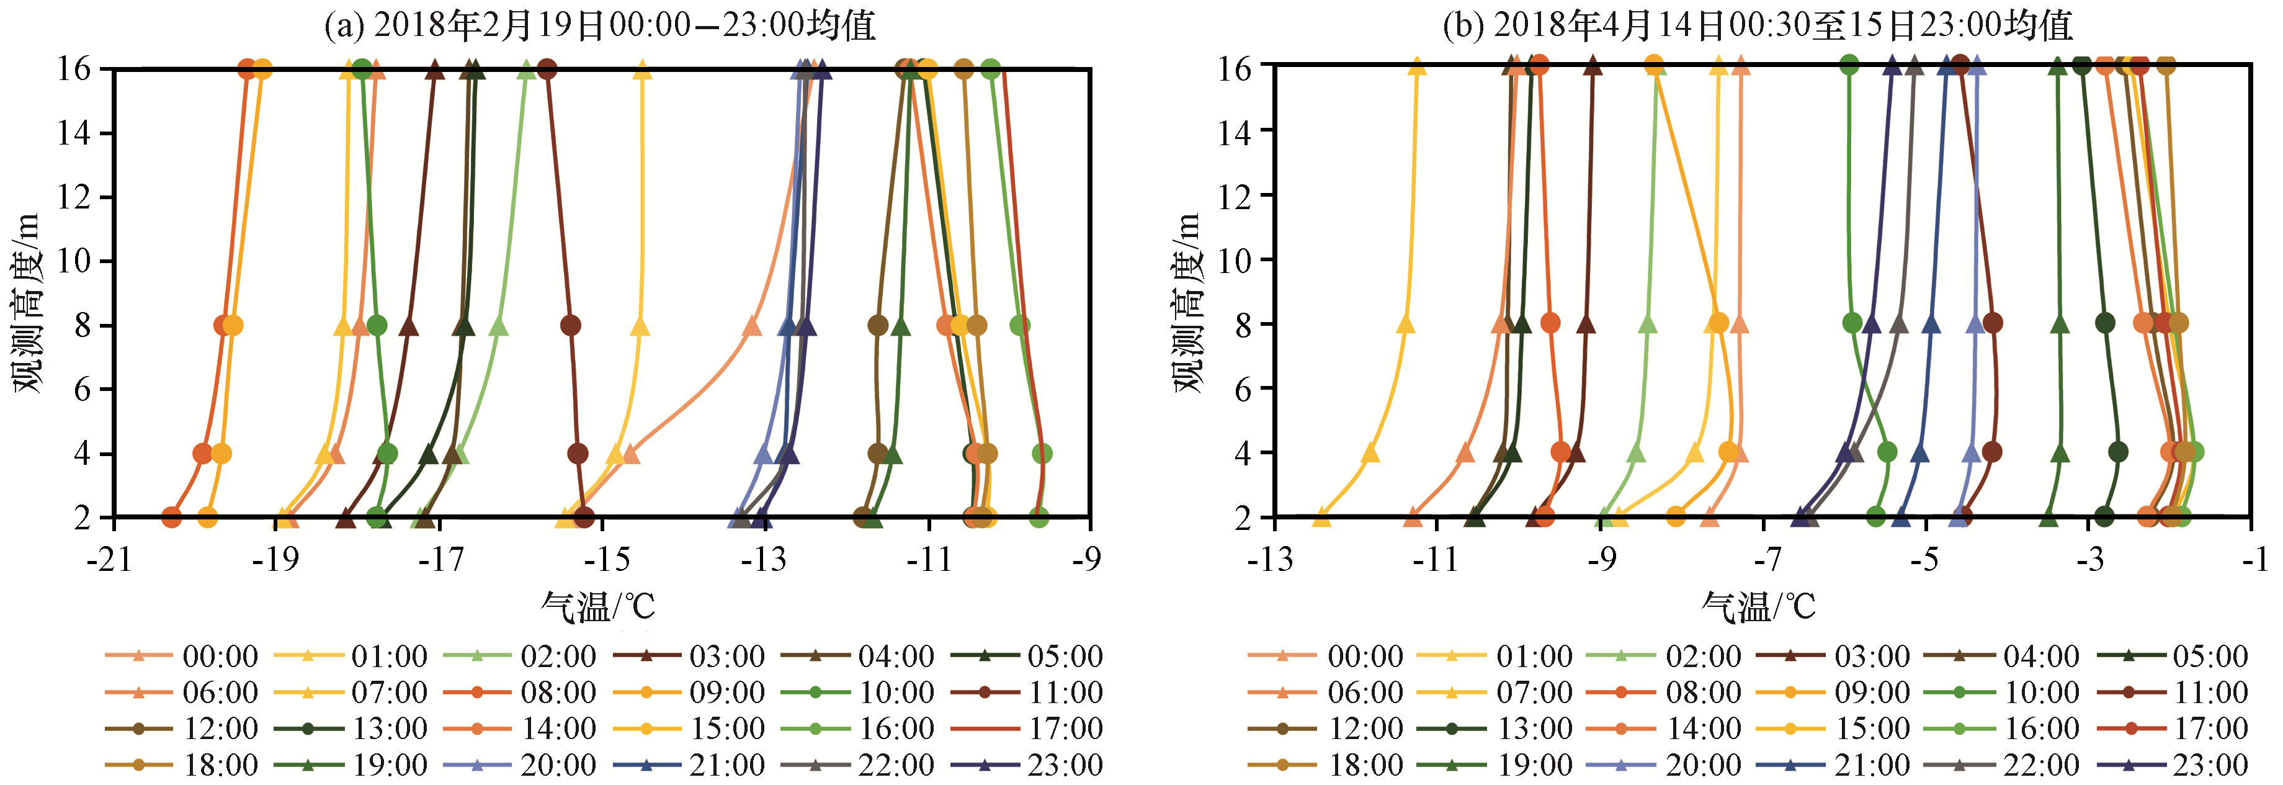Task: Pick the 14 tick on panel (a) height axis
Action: [74, 133]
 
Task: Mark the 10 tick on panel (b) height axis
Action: [1235, 259]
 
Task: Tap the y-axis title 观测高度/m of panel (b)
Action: [1187, 301]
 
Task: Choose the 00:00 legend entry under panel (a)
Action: [182, 657]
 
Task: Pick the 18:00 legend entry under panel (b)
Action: [1326, 765]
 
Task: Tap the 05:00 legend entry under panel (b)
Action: [2173, 657]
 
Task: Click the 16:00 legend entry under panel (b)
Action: [2004, 729]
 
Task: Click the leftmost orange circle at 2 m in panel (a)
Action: [172, 516]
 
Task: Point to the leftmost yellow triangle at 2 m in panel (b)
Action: [1321, 516]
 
